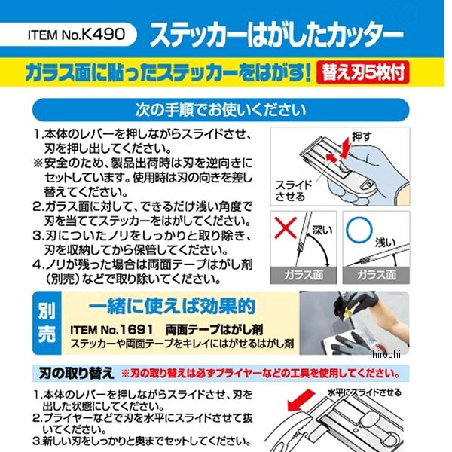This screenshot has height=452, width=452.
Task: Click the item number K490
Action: click(x=103, y=35)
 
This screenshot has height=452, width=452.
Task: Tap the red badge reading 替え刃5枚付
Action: click(x=362, y=72)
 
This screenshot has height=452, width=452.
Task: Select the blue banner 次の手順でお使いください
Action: click(x=221, y=110)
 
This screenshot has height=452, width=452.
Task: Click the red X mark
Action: click(x=285, y=228)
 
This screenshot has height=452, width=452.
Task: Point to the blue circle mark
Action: click(x=359, y=230)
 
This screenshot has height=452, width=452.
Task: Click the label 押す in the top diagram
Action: click(x=362, y=137)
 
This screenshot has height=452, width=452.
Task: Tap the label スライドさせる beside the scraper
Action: click(x=293, y=191)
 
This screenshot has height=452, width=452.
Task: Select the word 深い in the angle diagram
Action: click(x=322, y=230)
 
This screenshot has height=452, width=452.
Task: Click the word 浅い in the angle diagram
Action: click(x=385, y=243)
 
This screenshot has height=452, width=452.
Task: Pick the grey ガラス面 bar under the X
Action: click(x=304, y=275)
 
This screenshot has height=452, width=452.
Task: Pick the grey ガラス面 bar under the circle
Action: click(x=376, y=275)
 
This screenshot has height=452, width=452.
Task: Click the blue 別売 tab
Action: click(x=47, y=323)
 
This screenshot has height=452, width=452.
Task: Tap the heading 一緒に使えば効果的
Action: click(x=172, y=307)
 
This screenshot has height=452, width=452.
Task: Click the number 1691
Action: click(x=136, y=330)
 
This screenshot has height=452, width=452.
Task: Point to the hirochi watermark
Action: click(x=386, y=354)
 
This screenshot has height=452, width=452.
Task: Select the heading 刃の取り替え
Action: click(x=76, y=374)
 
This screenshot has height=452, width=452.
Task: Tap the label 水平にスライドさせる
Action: click(x=364, y=392)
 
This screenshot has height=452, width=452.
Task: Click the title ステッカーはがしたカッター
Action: click(x=276, y=35)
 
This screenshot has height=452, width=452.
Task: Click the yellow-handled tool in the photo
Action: click(x=350, y=311)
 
